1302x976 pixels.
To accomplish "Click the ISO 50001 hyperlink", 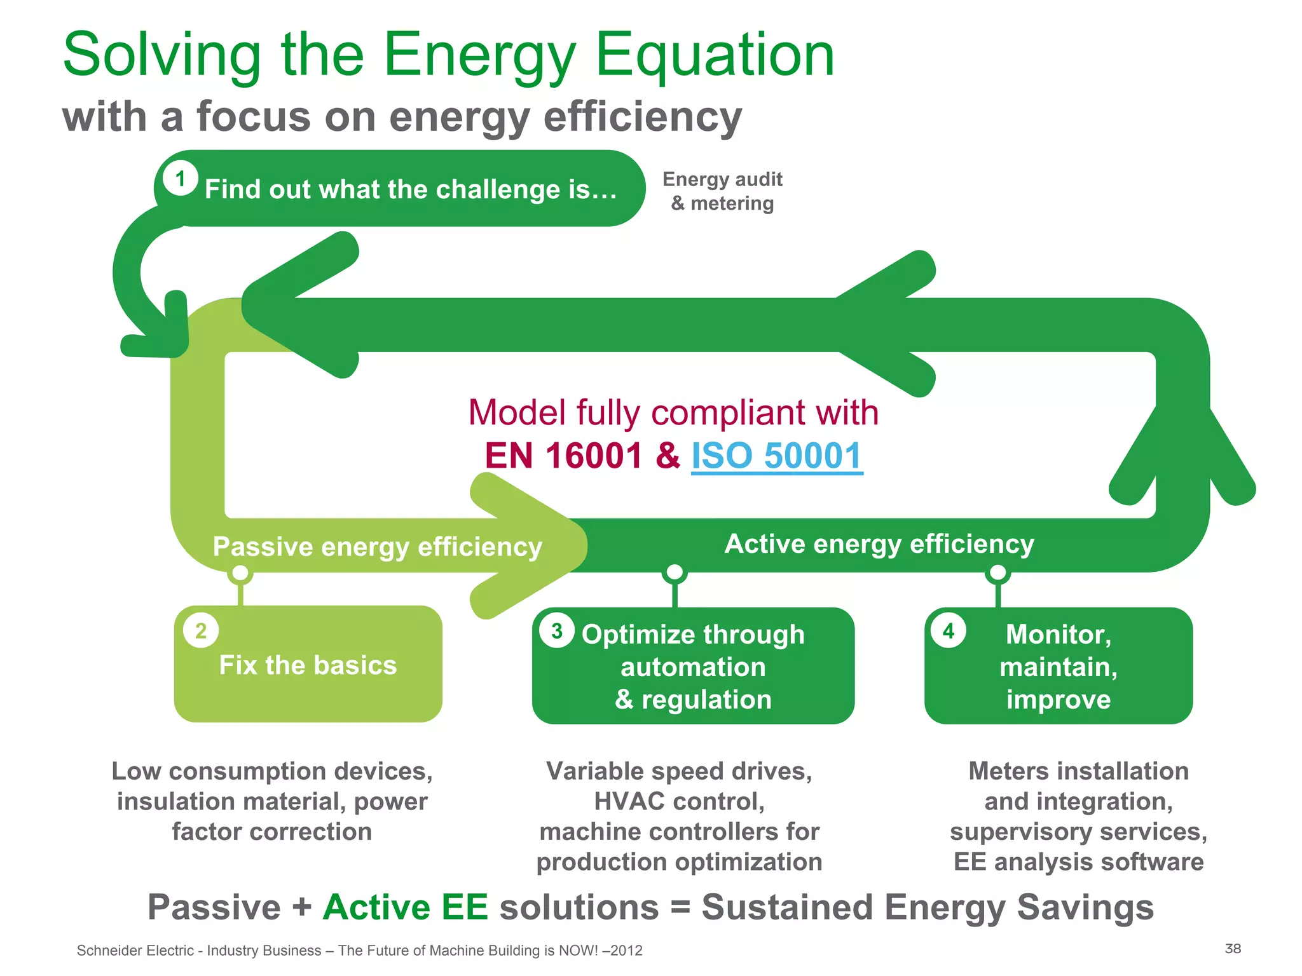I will tap(776, 456).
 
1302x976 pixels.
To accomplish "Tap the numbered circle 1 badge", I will tap(180, 179).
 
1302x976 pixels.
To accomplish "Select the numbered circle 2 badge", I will tap(201, 630).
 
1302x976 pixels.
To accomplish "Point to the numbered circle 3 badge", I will tap(557, 630).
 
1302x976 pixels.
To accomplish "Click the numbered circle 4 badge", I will tap(949, 630).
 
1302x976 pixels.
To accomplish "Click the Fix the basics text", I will tap(308, 665).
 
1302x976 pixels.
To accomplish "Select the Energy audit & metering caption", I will tap(722, 191).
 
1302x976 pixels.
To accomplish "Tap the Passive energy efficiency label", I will tap(377, 547).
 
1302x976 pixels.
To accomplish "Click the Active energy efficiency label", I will tap(879, 544).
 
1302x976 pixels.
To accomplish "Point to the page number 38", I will tap(1233, 949).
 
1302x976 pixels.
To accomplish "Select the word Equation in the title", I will tap(715, 56).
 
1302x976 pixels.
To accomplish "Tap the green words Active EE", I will tap(406, 907).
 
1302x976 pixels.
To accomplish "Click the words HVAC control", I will tap(679, 801).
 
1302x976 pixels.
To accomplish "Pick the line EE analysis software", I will tap(1078, 862).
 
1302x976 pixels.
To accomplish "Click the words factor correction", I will tap(272, 832).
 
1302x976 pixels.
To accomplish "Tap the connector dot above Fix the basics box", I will tap(240, 573).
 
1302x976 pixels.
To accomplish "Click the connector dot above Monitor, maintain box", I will tap(998, 573).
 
